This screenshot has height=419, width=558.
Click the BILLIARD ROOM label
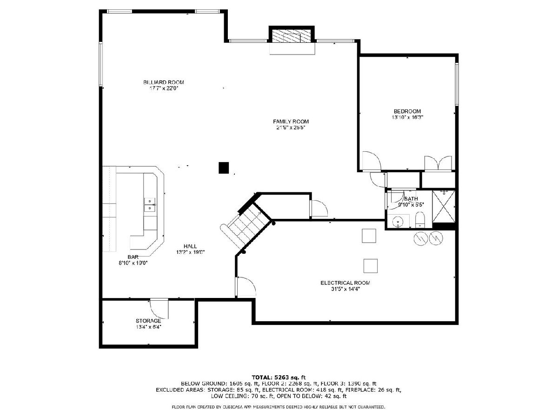tap(164, 82)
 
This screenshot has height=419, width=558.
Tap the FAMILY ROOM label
tap(291, 122)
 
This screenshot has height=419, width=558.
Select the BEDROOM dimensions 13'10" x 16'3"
tap(407, 117)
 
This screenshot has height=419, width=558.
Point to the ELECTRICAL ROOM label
tap(345, 283)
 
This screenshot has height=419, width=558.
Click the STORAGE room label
tap(148, 321)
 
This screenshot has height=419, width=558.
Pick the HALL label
tap(190, 246)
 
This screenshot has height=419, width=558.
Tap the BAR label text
tap(133, 257)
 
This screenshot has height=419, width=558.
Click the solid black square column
tap(224, 168)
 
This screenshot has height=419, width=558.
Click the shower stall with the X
tap(444, 206)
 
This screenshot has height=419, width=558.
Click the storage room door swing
tap(159, 309)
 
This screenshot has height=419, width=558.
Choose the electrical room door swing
tap(246, 286)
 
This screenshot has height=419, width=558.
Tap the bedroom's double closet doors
tap(438, 163)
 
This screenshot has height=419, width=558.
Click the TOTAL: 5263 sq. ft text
tap(279, 377)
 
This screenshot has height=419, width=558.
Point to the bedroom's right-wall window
tap(457, 84)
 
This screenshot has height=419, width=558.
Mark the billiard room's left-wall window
tap(100, 64)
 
